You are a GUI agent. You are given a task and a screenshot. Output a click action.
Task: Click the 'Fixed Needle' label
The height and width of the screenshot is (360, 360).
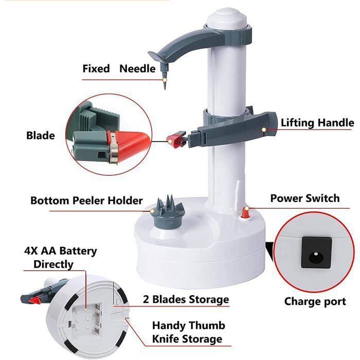pyautogui.click(x=119, y=68)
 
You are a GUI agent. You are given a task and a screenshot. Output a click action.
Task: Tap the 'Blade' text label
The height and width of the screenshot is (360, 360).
pyautogui.click(x=40, y=136)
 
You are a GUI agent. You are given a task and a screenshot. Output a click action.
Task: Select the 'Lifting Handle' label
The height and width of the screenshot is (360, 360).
pyautogui.click(x=317, y=123)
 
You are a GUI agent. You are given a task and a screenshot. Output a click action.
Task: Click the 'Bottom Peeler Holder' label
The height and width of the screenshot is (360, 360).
pyautogui.click(x=86, y=200)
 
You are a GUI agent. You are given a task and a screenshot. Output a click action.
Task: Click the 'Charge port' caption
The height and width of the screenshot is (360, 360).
pyautogui.click(x=315, y=301)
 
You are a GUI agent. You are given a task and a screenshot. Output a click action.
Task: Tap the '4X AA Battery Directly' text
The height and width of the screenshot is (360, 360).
pyautogui.click(x=60, y=258)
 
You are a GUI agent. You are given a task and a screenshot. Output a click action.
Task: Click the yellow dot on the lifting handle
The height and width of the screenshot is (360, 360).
pyautogui.click(x=264, y=130)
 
